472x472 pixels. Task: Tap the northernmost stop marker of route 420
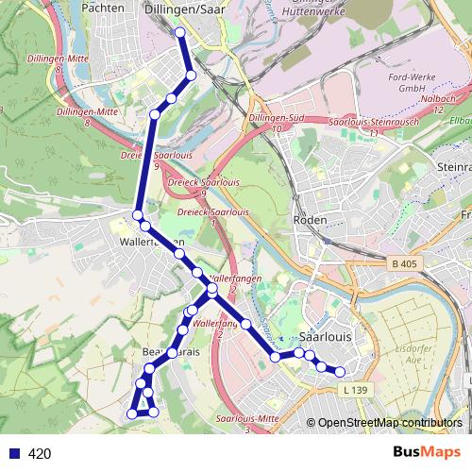click(180, 32)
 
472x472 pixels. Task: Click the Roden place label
click(311, 220)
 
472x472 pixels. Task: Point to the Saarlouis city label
click(325, 337)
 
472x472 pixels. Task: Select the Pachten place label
click(104, 8)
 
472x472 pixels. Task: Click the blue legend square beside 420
click(13, 453)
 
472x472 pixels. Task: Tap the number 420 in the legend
click(40, 453)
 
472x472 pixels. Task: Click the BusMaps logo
click(427, 453)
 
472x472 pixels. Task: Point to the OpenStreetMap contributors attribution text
click(390, 424)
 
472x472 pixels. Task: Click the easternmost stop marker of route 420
click(341, 371)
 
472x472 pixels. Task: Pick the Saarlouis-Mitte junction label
click(247, 418)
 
